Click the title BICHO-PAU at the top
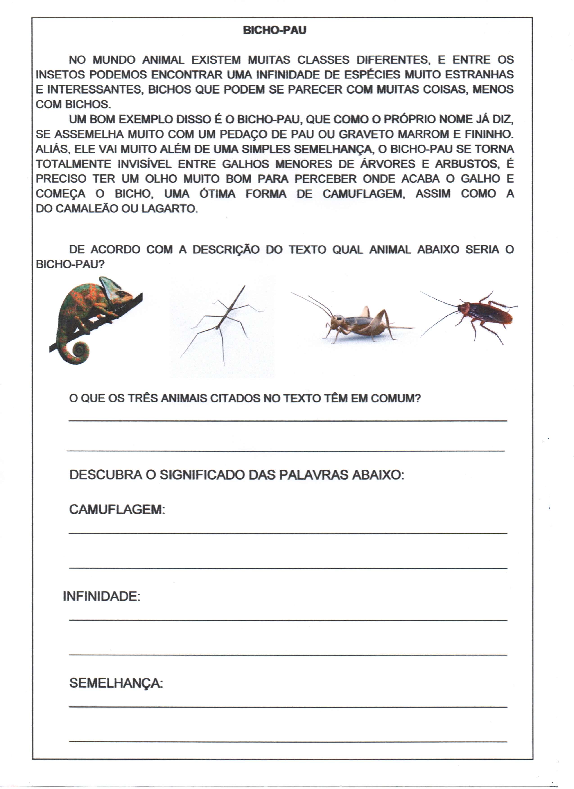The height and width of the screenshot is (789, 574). point(274,30)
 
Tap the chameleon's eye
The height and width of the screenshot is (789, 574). point(121,295)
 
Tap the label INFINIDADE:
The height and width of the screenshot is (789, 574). point(101,597)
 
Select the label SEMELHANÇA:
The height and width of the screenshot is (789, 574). point(116,683)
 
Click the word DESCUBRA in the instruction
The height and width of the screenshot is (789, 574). point(105,475)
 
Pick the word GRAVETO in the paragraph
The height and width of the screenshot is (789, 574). point(364,134)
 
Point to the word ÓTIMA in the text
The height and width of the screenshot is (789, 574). point(217,194)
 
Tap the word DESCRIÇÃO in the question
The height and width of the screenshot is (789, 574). point(226,250)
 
